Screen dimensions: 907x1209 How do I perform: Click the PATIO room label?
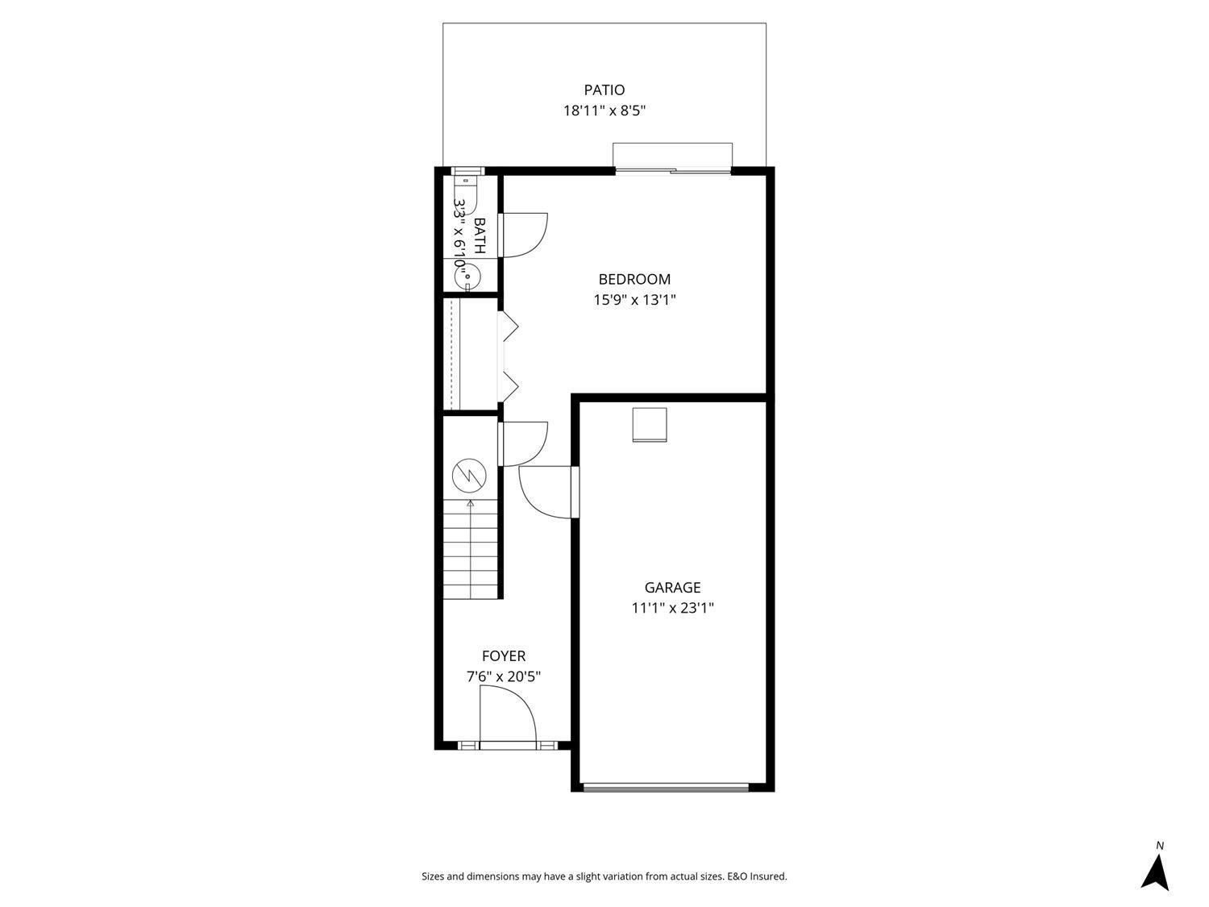click(604, 89)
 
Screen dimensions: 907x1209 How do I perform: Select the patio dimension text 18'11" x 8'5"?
click(604, 110)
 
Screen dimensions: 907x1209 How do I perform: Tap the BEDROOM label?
click(634, 279)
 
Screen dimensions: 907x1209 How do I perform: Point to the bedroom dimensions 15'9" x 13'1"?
click(634, 300)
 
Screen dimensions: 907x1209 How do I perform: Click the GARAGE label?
click(672, 588)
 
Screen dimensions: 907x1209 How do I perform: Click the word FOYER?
click(504, 656)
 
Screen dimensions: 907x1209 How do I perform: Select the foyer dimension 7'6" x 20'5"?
click(504, 677)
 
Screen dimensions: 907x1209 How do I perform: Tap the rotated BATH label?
click(480, 235)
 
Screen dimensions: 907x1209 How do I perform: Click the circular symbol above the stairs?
click(469, 476)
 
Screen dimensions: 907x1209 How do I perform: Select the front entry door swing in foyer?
click(508, 714)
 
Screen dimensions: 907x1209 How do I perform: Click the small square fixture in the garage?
click(649, 425)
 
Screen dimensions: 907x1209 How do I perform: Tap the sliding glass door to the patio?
click(673, 170)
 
